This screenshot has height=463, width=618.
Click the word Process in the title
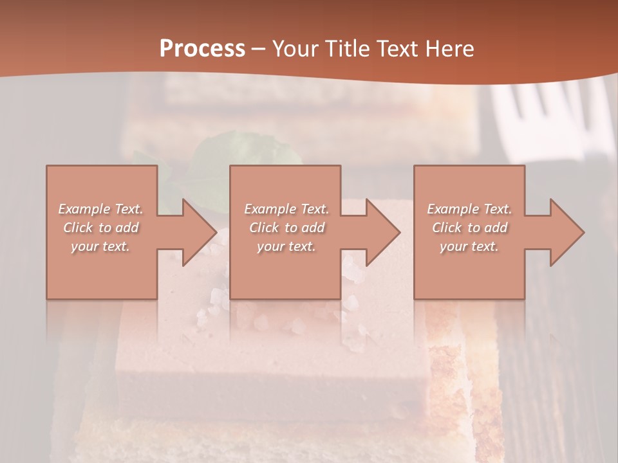pos(202,49)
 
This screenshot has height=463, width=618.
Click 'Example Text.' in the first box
pos(100,209)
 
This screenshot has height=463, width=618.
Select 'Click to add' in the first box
pos(100,228)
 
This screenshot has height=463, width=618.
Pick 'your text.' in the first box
pos(100,246)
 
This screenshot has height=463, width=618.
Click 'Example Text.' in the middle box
pos(286,209)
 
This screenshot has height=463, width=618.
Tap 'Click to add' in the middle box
pos(286,228)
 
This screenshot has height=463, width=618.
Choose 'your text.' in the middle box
pos(286,246)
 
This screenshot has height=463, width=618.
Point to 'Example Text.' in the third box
pos(469,209)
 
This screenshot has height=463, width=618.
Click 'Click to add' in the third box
pos(469,228)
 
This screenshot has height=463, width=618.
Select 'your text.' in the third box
pos(469,246)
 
